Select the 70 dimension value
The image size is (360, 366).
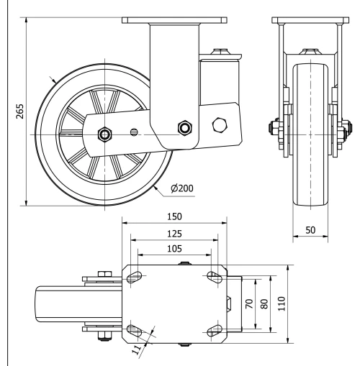pyautogui.click(x=249, y=304)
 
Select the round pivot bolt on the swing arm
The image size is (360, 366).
pyautogui.click(x=186, y=128)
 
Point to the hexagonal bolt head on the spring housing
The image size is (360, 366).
pyautogui.click(x=220, y=126)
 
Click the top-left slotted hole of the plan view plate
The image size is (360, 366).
pyautogui.click(x=132, y=277)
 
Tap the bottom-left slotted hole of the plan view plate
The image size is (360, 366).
pyautogui.click(x=132, y=330)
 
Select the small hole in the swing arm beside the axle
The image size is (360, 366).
pyautogui.click(x=134, y=131)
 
